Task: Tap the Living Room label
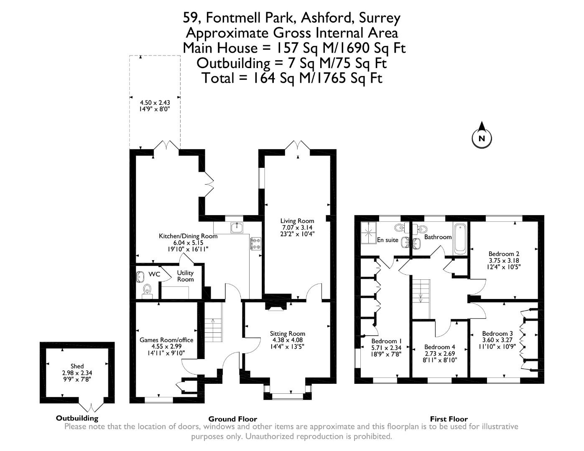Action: tap(297, 221)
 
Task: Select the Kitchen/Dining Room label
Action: tap(188, 236)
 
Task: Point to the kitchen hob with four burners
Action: tap(255, 243)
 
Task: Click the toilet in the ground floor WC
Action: tap(147, 289)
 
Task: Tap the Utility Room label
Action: tap(185, 276)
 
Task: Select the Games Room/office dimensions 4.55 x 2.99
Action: tap(166, 346)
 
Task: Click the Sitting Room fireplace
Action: tap(275, 306)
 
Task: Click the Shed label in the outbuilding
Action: tap(77, 366)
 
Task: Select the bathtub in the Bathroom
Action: tap(460, 239)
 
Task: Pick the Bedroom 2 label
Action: tap(504, 254)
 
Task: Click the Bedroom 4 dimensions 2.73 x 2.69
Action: tap(439, 353)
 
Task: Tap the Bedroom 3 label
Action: tap(497, 334)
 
